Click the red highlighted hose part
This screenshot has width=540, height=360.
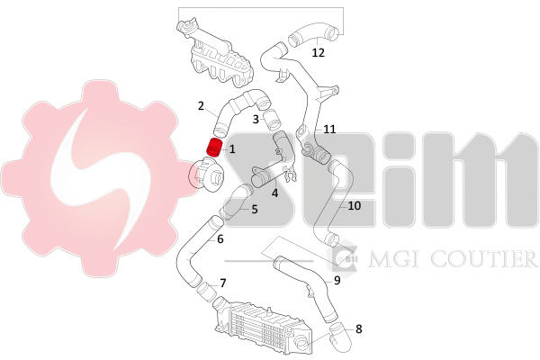click(x=215, y=148)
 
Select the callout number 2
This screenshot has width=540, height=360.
click(x=202, y=105)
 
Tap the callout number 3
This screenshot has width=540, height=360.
click(x=256, y=118)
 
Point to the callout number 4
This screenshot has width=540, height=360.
click(x=274, y=191)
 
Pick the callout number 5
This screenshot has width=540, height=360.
click(x=255, y=209)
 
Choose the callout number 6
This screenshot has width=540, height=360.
click(x=220, y=239)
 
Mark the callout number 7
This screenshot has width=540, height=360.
click(x=222, y=283)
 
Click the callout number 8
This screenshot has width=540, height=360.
click(x=358, y=328)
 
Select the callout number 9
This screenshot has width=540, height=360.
click(x=337, y=280)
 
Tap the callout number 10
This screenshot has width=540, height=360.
click(x=354, y=205)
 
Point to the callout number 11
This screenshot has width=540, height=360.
click(x=329, y=129)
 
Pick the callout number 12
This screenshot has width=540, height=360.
click(x=318, y=52)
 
